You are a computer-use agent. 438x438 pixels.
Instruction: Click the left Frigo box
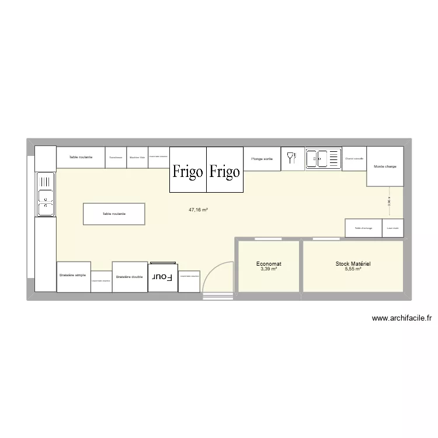(188, 169)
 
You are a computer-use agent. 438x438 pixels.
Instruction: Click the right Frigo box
(225, 169)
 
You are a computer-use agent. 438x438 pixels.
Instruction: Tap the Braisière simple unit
(73, 276)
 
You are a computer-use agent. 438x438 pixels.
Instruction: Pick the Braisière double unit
(130, 277)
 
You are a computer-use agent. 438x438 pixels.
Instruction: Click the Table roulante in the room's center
(114, 214)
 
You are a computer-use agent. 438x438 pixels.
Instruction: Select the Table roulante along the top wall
(81, 157)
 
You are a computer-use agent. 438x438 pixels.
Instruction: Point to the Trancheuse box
(116, 157)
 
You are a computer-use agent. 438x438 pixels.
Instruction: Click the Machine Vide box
(137, 157)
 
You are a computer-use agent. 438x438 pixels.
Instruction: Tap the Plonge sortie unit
(262, 158)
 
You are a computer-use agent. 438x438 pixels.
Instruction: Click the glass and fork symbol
(292, 158)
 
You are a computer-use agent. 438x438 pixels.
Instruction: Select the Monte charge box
(385, 166)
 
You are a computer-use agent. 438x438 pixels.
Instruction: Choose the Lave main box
(392, 228)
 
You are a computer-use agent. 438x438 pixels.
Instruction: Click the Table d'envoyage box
(363, 228)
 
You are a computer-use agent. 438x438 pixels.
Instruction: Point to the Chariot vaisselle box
(354, 158)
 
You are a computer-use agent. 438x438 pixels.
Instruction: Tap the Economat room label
(269, 264)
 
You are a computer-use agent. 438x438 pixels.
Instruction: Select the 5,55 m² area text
(353, 269)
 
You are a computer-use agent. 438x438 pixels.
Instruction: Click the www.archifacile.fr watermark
(401, 318)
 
